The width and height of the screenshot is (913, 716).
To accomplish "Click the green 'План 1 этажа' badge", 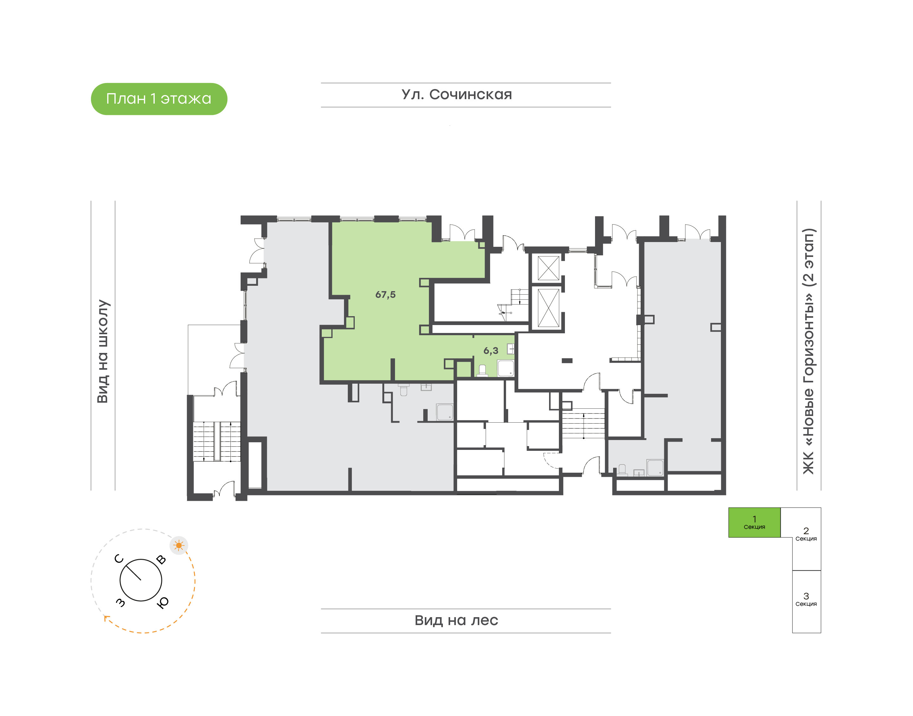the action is pyautogui.click(x=159, y=99).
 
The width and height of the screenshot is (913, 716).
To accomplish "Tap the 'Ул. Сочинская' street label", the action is pyautogui.click(x=457, y=95).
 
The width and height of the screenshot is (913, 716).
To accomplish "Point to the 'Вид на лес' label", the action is pyautogui.click(x=456, y=620).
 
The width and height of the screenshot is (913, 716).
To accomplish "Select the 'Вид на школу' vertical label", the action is pyautogui.click(x=103, y=351).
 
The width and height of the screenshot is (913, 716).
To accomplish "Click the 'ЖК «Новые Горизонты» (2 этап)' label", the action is pyautogui.click(x=808, y=351).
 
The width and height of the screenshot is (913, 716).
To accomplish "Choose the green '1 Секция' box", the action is pyautogui.click(x=754, y=522).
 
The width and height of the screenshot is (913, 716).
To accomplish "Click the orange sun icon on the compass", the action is pyautogui.click(x=179, y=545).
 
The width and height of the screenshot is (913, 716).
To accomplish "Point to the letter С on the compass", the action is pyautogui.click(x=119, y=559).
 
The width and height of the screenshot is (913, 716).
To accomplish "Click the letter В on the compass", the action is pyautogui.click(x=161, y=559).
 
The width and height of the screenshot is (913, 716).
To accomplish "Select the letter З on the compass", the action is pyautogui.click(x=120, y=602).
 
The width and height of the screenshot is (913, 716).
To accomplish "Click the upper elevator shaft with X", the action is pyautogui.click(x=548, y=268).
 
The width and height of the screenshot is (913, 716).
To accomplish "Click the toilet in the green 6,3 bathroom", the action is pyautogui.click(x=482, y=371).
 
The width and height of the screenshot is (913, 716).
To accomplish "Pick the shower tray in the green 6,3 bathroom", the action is pyautogui.click(x=506, y=368).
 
